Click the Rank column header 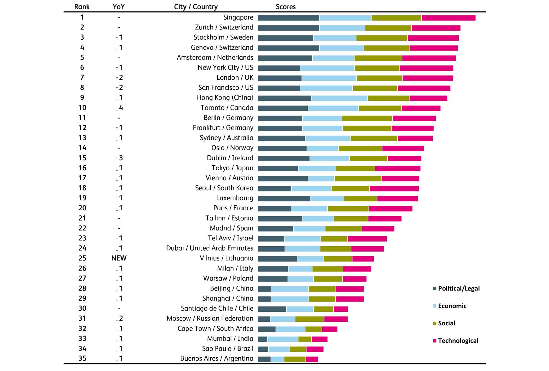click(82, 7)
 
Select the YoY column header click(119, 7)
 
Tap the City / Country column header click(196, 7)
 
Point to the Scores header click(286, 7)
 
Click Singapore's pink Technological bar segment click(449, 18)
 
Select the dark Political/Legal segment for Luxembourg click(284, 199)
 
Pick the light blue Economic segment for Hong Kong click(340, 98)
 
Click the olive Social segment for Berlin click(367, 118)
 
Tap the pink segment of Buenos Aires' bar click(312, 359)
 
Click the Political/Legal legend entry click(456, 288)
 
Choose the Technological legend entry click(456, 341)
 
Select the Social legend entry click(444, 323)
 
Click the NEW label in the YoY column click(119, 258)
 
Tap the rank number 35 click(82, 359)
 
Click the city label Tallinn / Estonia click(229, 218)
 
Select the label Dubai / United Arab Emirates click(210, 248)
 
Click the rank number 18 click(82, 188)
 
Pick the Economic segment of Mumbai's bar click(283, 339)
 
